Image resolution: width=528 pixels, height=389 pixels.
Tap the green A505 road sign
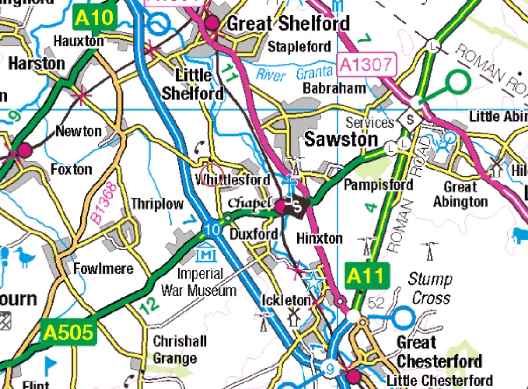pyautogui.click(x=68, y=332)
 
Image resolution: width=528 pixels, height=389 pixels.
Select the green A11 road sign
pyautogui.click(x=367, y=276)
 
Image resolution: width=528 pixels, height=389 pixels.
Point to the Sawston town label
pyautogui.click(x=341, y=140)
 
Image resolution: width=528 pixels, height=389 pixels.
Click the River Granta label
pyautogui.click(x=294, y=73)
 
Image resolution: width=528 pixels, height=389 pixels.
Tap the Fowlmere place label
pyautogui.click(x=103, y=269)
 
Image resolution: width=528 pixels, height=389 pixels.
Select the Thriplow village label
pyautogui.click(x=157, y=204)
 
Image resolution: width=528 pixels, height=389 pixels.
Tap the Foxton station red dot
pyautogui.click(x=24, y=150)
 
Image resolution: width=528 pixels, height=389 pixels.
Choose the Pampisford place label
pyautogui.click(x=378, y=184)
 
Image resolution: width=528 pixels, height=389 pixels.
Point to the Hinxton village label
pyautogui.click(x=319, y=238)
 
